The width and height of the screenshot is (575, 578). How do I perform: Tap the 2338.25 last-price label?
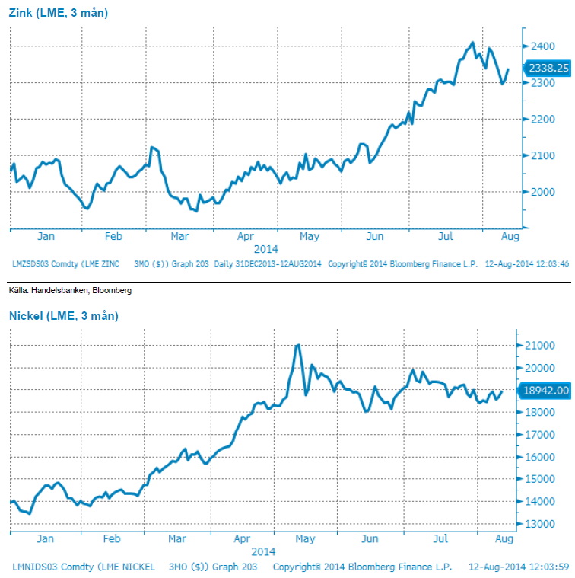[x=548, y=69]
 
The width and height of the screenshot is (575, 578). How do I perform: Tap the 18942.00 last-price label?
[x=545, y=391]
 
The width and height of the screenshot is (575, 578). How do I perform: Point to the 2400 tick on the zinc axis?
[x=541, y=46]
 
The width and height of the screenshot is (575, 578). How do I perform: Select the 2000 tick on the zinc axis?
[x=541, y=192]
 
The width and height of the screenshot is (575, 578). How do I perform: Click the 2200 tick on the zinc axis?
[x=541, y=120]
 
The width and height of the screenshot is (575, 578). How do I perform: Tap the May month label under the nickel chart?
[x=304, y=539]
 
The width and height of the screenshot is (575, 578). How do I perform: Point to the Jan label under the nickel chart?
[x=45, y=539]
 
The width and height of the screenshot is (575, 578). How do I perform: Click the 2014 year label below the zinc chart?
[x=265, y=249]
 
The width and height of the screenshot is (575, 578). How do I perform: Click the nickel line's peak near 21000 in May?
[x=297, y=345]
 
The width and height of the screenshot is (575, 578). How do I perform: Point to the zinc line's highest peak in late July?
[x=472, y=43]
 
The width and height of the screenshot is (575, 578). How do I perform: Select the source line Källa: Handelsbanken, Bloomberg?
[x=70, y=291]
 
